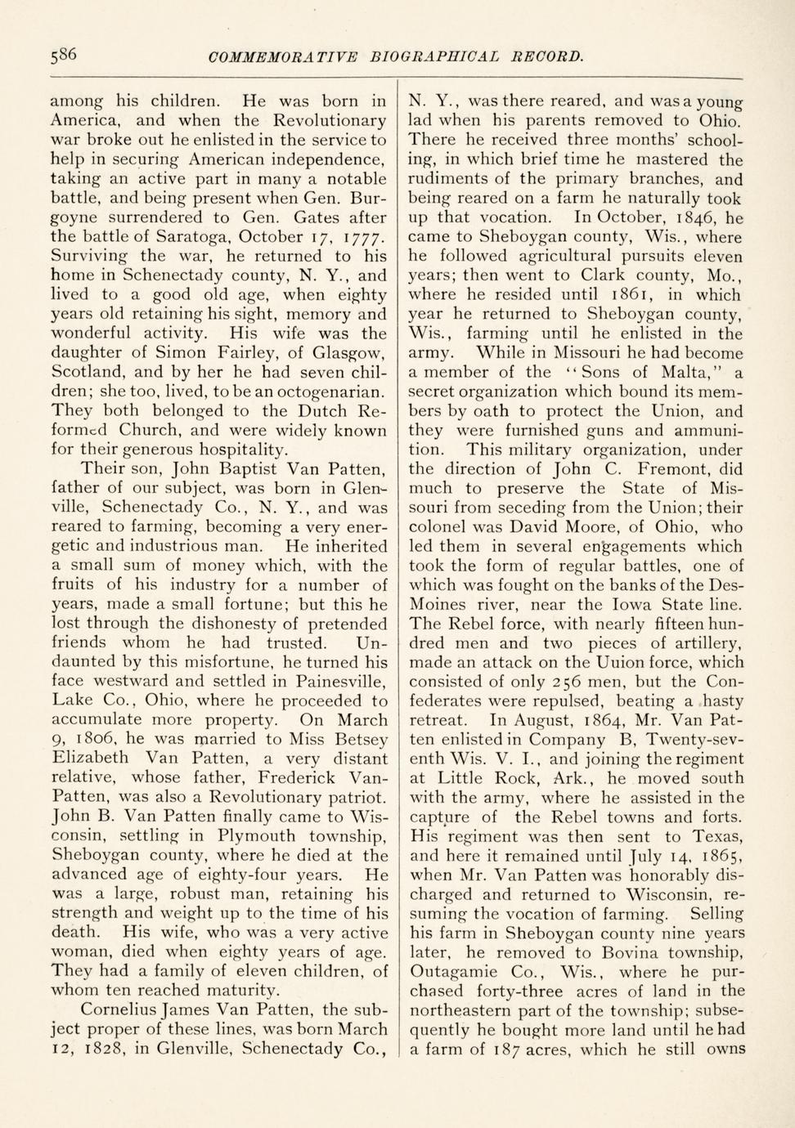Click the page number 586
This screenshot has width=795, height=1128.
click(x=63, y=55)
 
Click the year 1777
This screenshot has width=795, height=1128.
click(x=362, y=237)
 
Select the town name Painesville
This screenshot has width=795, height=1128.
click(x=331, y=681)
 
